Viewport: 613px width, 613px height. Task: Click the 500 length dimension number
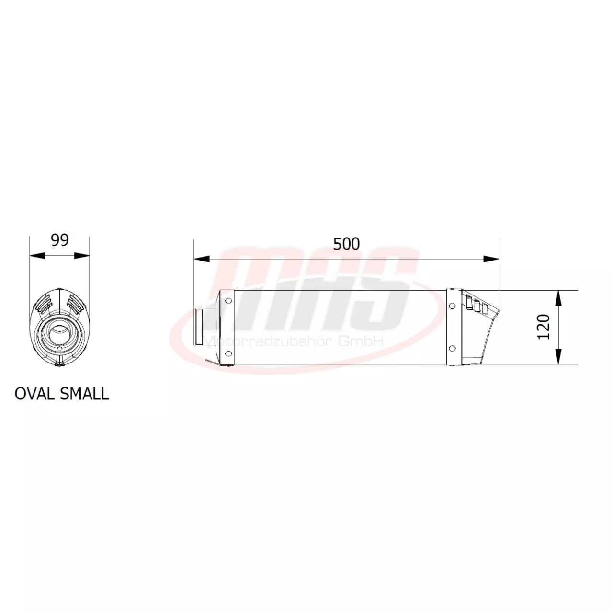[346, 244]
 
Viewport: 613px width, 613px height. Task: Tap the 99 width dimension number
[60, 240]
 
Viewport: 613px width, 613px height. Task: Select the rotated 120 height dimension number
[543, 327]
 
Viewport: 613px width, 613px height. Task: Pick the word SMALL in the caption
[84, 394]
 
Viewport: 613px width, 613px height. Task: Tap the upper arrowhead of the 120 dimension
[558, 298]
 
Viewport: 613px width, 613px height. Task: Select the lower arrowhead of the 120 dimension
[558, 357]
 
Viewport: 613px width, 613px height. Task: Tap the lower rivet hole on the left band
[228, 354]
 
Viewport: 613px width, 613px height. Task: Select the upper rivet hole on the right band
[451, 306]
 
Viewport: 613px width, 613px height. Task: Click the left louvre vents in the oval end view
[44, 302]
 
